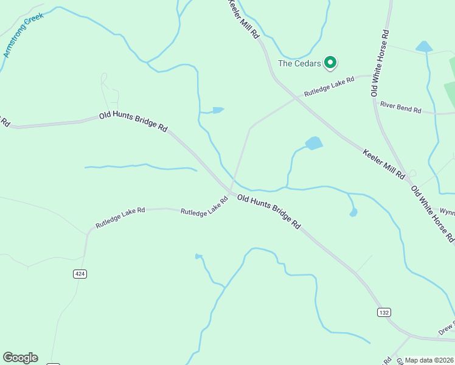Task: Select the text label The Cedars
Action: point(299,63)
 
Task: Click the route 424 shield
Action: point(80,274)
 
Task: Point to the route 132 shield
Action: point(383,312)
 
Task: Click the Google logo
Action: point(20,358)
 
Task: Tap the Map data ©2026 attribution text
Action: point(429,360)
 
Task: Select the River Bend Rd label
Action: point(401,107)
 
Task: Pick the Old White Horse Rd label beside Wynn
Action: point(433,214)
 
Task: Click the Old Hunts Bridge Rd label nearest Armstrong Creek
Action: point(133,122)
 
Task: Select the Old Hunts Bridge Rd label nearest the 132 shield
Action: point(269,211)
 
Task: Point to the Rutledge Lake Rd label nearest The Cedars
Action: point(329,86)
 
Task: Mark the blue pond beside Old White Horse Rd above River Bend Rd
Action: point(423,47)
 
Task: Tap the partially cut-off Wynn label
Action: point(448,213)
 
